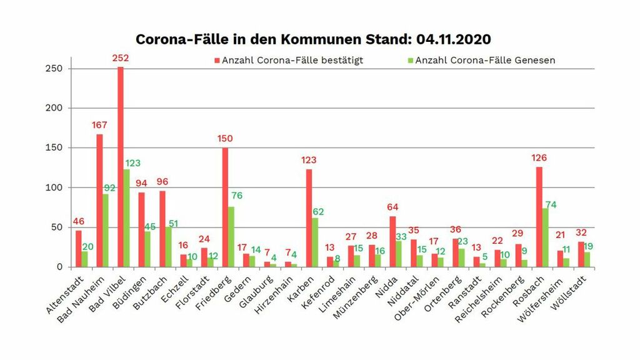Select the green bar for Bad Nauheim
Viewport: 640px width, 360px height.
pyautogui.click(x=106, y=231)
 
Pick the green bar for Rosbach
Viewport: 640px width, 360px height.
pyautogui.click(x=546, y=237)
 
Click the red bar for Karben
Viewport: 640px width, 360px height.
pyautogui.click(x=309, y=218)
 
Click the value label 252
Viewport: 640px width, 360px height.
pyautogui.click(x=121, y=58)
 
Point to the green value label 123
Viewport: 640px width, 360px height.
pyautogui.click(x=132, y=163)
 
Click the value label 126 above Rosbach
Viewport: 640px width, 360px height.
pyautogui.click(x=539, y=157)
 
